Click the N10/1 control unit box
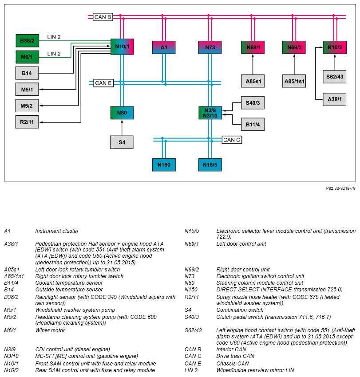122,47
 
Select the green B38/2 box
27,41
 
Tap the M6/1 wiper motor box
27,57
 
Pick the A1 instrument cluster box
164,47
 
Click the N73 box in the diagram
210,47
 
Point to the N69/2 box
294,47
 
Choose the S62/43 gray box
335,77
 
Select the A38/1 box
335,99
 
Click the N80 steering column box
122,113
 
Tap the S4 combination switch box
122,142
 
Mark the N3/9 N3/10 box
210,113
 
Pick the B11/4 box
253,124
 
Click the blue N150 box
164,165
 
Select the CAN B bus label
103,17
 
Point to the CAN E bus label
103,83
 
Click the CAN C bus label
232,140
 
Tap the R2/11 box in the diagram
27,122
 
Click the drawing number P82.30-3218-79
340,188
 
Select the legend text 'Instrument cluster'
57,231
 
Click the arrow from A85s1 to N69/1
253,64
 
